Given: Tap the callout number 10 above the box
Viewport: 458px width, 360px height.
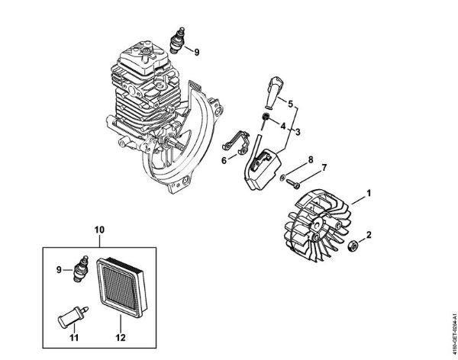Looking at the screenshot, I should (x=98, y=228).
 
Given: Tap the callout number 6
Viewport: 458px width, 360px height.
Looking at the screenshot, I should (x=224, y=160).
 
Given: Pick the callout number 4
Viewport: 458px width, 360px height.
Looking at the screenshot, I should (x=282, y=125).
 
